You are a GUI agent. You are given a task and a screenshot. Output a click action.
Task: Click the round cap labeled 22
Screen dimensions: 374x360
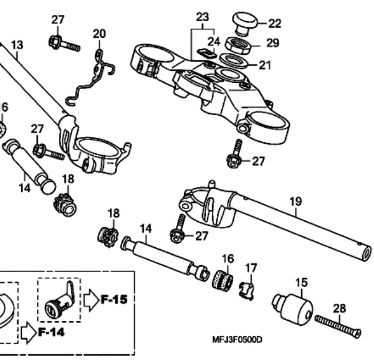(245, 23)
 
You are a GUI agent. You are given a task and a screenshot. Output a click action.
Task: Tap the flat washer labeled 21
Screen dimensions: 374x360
(233, 60)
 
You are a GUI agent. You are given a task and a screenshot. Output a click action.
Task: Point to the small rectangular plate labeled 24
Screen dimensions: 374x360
(206, 53)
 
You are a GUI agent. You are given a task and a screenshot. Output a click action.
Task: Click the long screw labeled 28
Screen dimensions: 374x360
(338, 326)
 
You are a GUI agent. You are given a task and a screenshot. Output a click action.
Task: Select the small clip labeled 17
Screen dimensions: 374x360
(247, 290)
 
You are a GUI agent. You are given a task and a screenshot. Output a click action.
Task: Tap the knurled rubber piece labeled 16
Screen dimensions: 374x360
(223, 280)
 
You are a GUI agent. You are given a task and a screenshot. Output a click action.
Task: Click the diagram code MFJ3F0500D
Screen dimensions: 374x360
(237, 339)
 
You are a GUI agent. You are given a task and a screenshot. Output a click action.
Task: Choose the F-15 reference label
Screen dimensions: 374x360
(114, 299)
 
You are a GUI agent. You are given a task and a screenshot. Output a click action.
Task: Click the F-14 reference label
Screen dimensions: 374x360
(51, 332)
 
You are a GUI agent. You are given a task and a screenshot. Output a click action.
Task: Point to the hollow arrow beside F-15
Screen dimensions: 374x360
(91, 300)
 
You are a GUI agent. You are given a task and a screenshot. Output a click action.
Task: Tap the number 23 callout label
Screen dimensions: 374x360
(203, 17)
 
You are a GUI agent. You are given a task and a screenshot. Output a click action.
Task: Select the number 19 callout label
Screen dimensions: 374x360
(295, 202)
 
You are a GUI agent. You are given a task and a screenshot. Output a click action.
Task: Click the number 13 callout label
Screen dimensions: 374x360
(17, 45)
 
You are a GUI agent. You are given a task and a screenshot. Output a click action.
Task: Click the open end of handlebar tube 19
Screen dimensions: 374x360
(367, 253)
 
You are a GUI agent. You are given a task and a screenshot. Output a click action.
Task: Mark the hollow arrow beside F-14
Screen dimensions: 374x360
(29, 333)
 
